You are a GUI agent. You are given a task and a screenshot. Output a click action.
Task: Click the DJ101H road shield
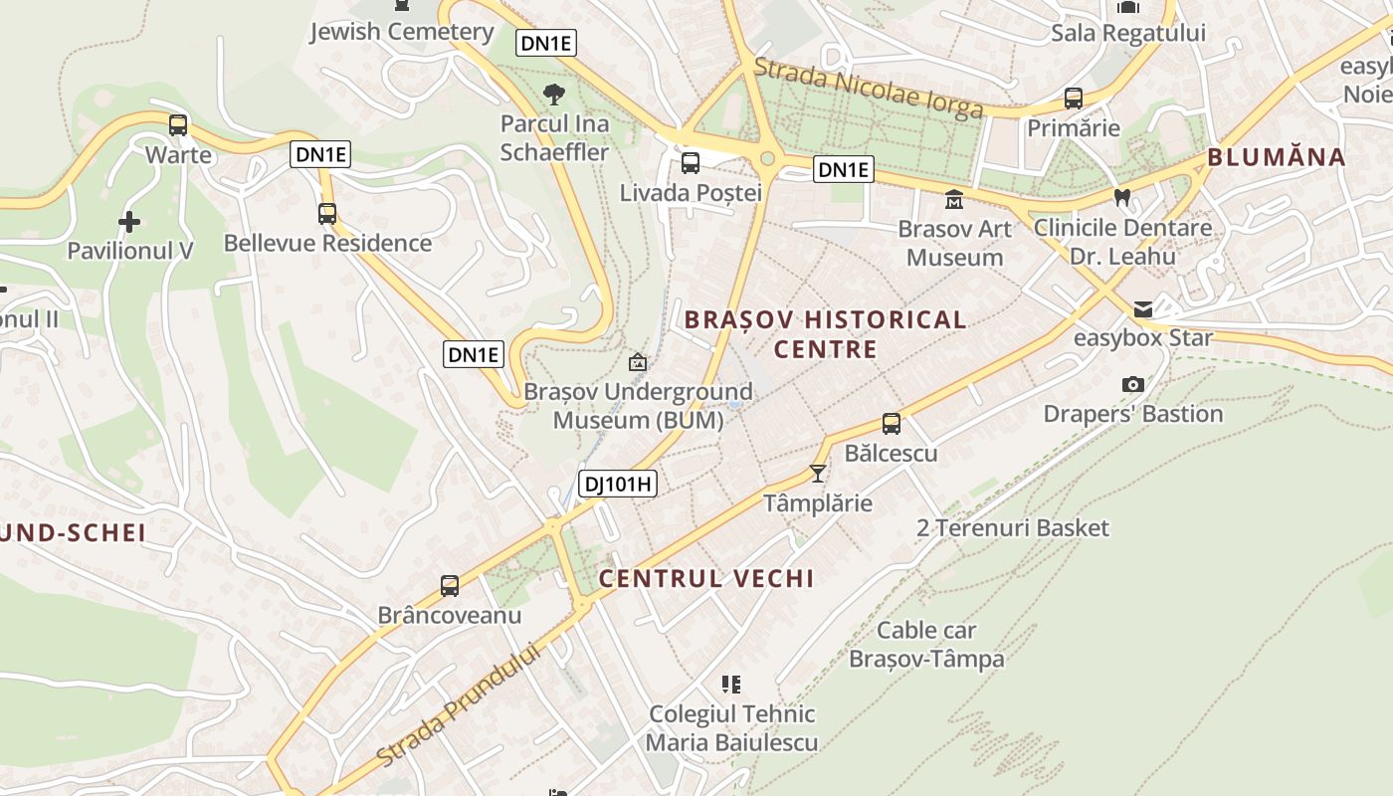[618, 485]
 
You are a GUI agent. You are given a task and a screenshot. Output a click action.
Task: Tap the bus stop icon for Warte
[178, 125]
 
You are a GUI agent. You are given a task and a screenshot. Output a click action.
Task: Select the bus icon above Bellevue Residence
[327, 213]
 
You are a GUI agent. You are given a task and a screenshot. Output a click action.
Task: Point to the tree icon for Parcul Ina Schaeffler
[554, 95]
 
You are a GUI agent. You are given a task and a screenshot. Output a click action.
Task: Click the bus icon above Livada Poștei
[691, 163]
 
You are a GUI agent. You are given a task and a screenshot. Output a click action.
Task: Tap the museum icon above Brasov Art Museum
[954, 199]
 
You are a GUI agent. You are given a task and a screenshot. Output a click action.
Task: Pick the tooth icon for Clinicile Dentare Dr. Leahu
[1122, 198]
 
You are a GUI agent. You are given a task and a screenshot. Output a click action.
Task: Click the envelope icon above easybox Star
[1143, 308]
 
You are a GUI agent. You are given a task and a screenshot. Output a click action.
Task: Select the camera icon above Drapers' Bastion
[1132, 384]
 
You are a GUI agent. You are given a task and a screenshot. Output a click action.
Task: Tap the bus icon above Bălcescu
[892, 424]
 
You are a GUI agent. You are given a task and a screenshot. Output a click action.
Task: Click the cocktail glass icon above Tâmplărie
[818, 474]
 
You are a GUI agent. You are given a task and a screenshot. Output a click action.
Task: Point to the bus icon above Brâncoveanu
[450, 586]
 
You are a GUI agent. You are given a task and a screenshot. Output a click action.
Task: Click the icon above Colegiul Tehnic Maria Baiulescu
[731, 685]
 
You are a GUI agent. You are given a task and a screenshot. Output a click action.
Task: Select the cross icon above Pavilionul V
[129, 221]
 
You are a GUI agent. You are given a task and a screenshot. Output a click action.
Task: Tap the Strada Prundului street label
[460, 707]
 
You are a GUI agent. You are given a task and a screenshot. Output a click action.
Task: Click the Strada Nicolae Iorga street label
[868, 88]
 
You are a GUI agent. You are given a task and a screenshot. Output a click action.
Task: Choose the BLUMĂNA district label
[1276, 157]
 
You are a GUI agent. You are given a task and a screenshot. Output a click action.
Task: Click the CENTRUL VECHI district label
[705, 578]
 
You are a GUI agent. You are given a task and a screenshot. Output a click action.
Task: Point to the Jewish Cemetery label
[401, 32]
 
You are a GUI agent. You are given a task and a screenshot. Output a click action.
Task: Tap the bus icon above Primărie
[1074, 99]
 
